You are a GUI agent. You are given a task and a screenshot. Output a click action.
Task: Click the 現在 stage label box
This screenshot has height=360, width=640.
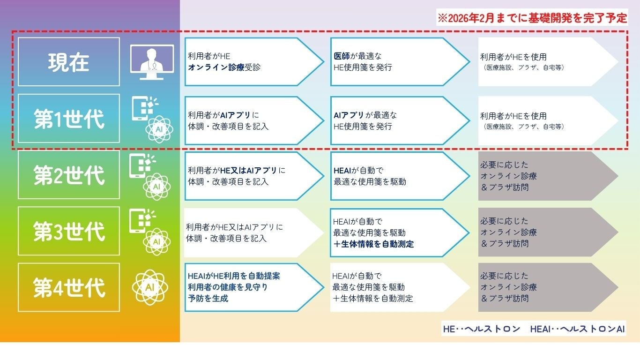pyautogui.click(x=69, y=62)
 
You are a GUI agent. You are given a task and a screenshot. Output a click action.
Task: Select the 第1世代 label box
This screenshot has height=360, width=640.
pyautogui.click(x=69, y=119)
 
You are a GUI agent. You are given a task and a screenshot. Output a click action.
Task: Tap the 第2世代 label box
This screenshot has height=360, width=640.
pyautogui.click(x=69, y=175)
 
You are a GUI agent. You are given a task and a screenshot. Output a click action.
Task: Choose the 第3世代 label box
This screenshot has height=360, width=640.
pyautogui.click(x=69, y=231)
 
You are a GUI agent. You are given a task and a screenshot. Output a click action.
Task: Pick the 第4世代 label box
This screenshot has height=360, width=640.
pyautogui.click(x=69, y=287)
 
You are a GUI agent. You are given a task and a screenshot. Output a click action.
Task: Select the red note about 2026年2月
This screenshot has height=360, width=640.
pyautogui.click(x=531, y=18)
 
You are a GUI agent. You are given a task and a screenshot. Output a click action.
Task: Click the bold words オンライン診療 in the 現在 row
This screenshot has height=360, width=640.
pyautogui.click(x=216, y=67)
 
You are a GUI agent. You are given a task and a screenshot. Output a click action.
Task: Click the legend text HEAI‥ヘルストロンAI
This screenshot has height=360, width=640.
pyautogui.click(x=577, y=329)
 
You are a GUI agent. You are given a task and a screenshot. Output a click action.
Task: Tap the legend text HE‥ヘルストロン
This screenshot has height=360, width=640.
pyautogui.click(x=482, y=329)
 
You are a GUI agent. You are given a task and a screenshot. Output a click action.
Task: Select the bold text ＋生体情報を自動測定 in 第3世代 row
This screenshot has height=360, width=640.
pyautogui.click(x=373, y=244)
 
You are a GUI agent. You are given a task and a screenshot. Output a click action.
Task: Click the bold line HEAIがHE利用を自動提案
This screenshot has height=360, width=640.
pyautogui.click(x=234, y=276)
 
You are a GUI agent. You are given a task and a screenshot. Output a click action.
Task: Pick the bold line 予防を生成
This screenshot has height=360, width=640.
pyautogui.click(x=208, y=299)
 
